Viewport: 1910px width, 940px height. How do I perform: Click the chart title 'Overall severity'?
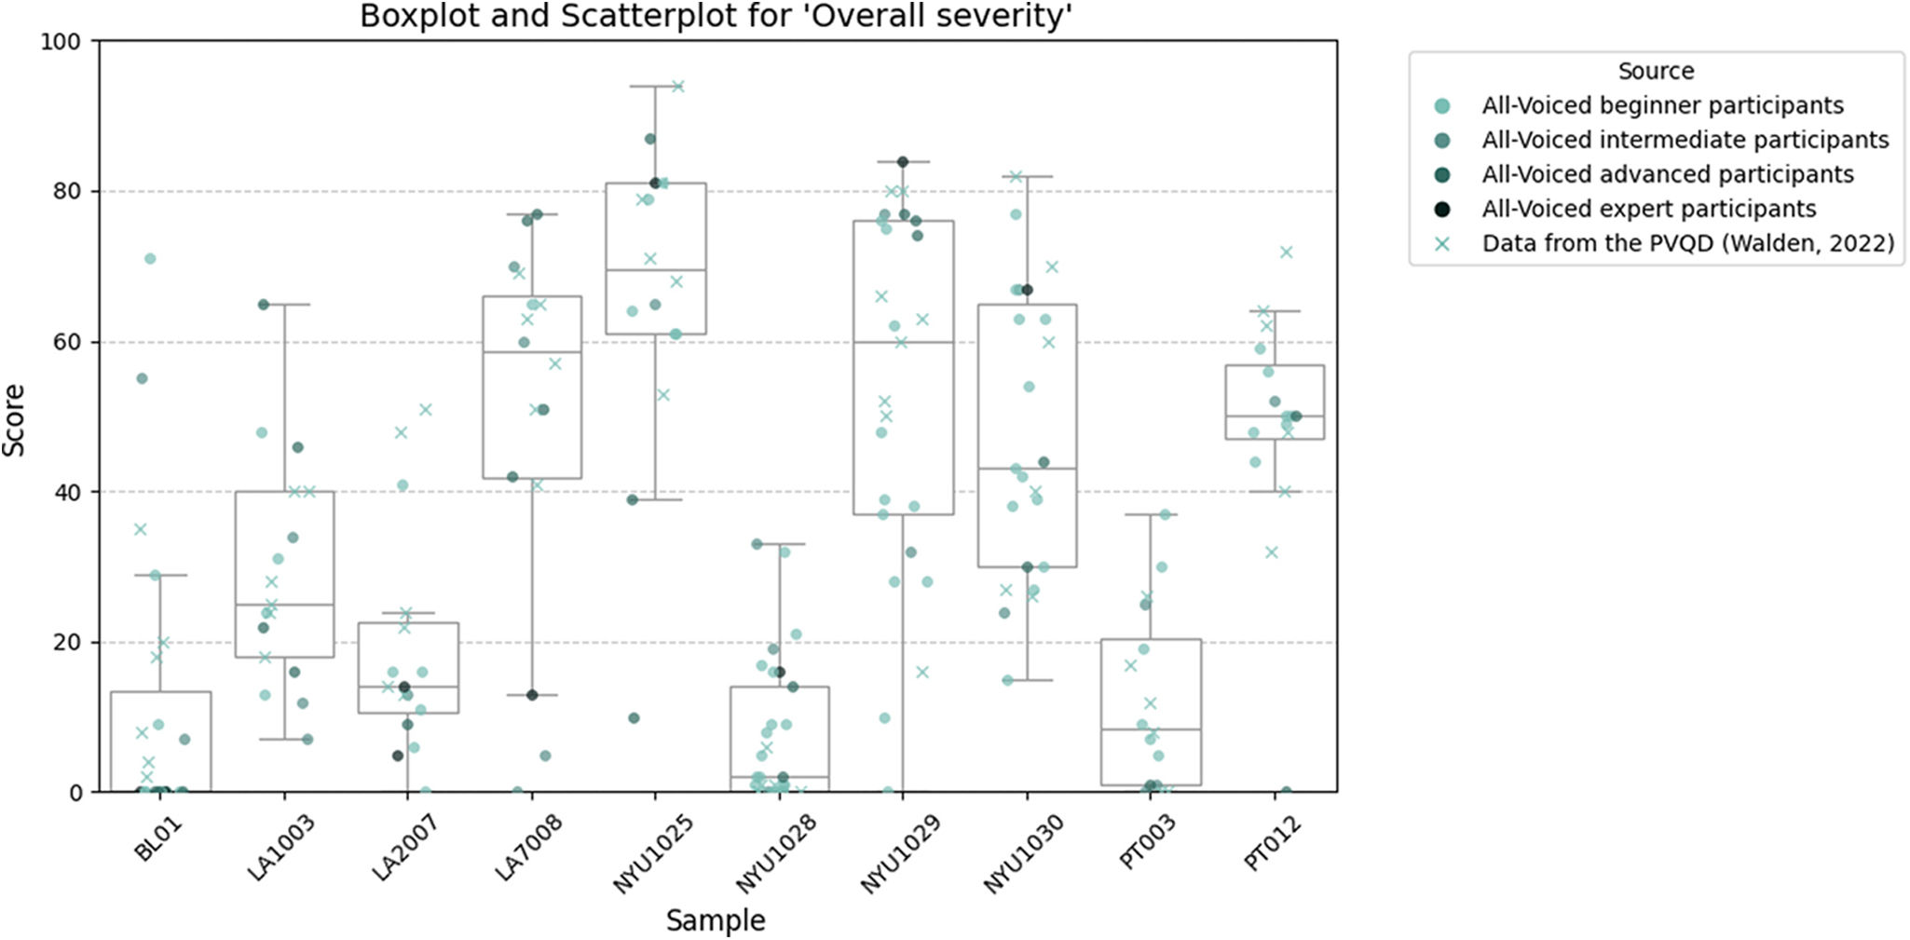click(716, 17)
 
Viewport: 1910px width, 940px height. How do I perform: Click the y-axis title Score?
click(14, 420)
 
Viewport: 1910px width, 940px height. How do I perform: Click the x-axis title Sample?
click(716, 920)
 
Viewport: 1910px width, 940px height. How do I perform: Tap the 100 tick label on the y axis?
click(61, 41)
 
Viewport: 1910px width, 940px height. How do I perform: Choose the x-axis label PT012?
click(1273, 842)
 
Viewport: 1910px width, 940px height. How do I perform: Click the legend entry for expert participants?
click(1648, 209)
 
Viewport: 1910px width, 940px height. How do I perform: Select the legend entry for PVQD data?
click(1687, 243)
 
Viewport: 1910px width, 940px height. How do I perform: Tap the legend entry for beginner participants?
click(1662, 105)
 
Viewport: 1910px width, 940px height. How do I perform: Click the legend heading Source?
click(1656, 71)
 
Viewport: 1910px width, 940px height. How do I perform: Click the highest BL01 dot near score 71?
click(150, 259)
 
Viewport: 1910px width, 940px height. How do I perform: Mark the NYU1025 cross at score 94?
click(678, 87)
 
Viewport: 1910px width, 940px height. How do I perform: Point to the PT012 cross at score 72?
click(1287, 252)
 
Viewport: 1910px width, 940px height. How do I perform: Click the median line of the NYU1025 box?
click(655, 270)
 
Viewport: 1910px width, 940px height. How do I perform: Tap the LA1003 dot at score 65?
click(264, 305)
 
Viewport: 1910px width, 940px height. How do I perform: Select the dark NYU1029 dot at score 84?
click(903, 162)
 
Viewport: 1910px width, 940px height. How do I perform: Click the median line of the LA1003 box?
click(284, 605)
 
